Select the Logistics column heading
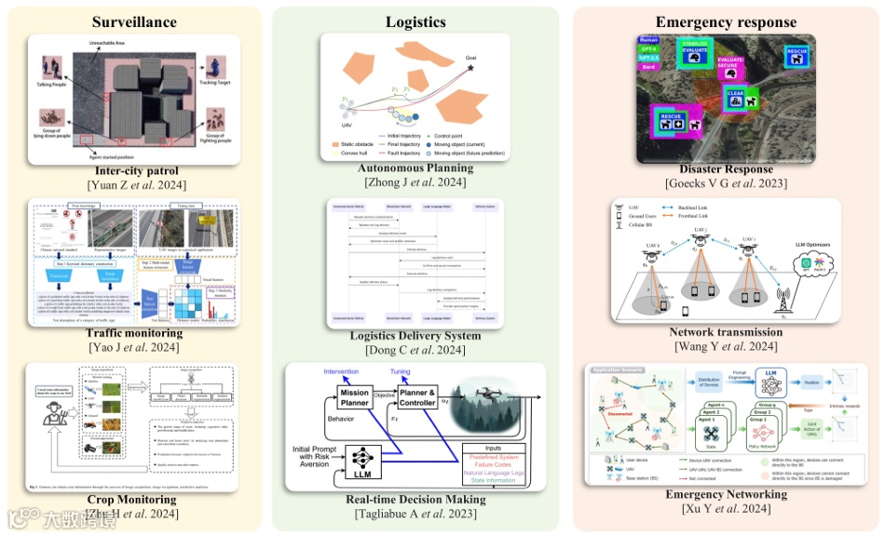tap(415, 21)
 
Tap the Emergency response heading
tap(726, 21)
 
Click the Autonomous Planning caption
tap(415, 168)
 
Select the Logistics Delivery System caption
tap(415, 336)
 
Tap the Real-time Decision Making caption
tap(415, 500)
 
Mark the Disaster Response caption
tap(726, 169)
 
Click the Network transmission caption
tap(726, 332)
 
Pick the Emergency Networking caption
tap(726, 494)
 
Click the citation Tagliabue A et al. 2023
tap(415, 514)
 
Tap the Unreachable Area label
tap(139, 44)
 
